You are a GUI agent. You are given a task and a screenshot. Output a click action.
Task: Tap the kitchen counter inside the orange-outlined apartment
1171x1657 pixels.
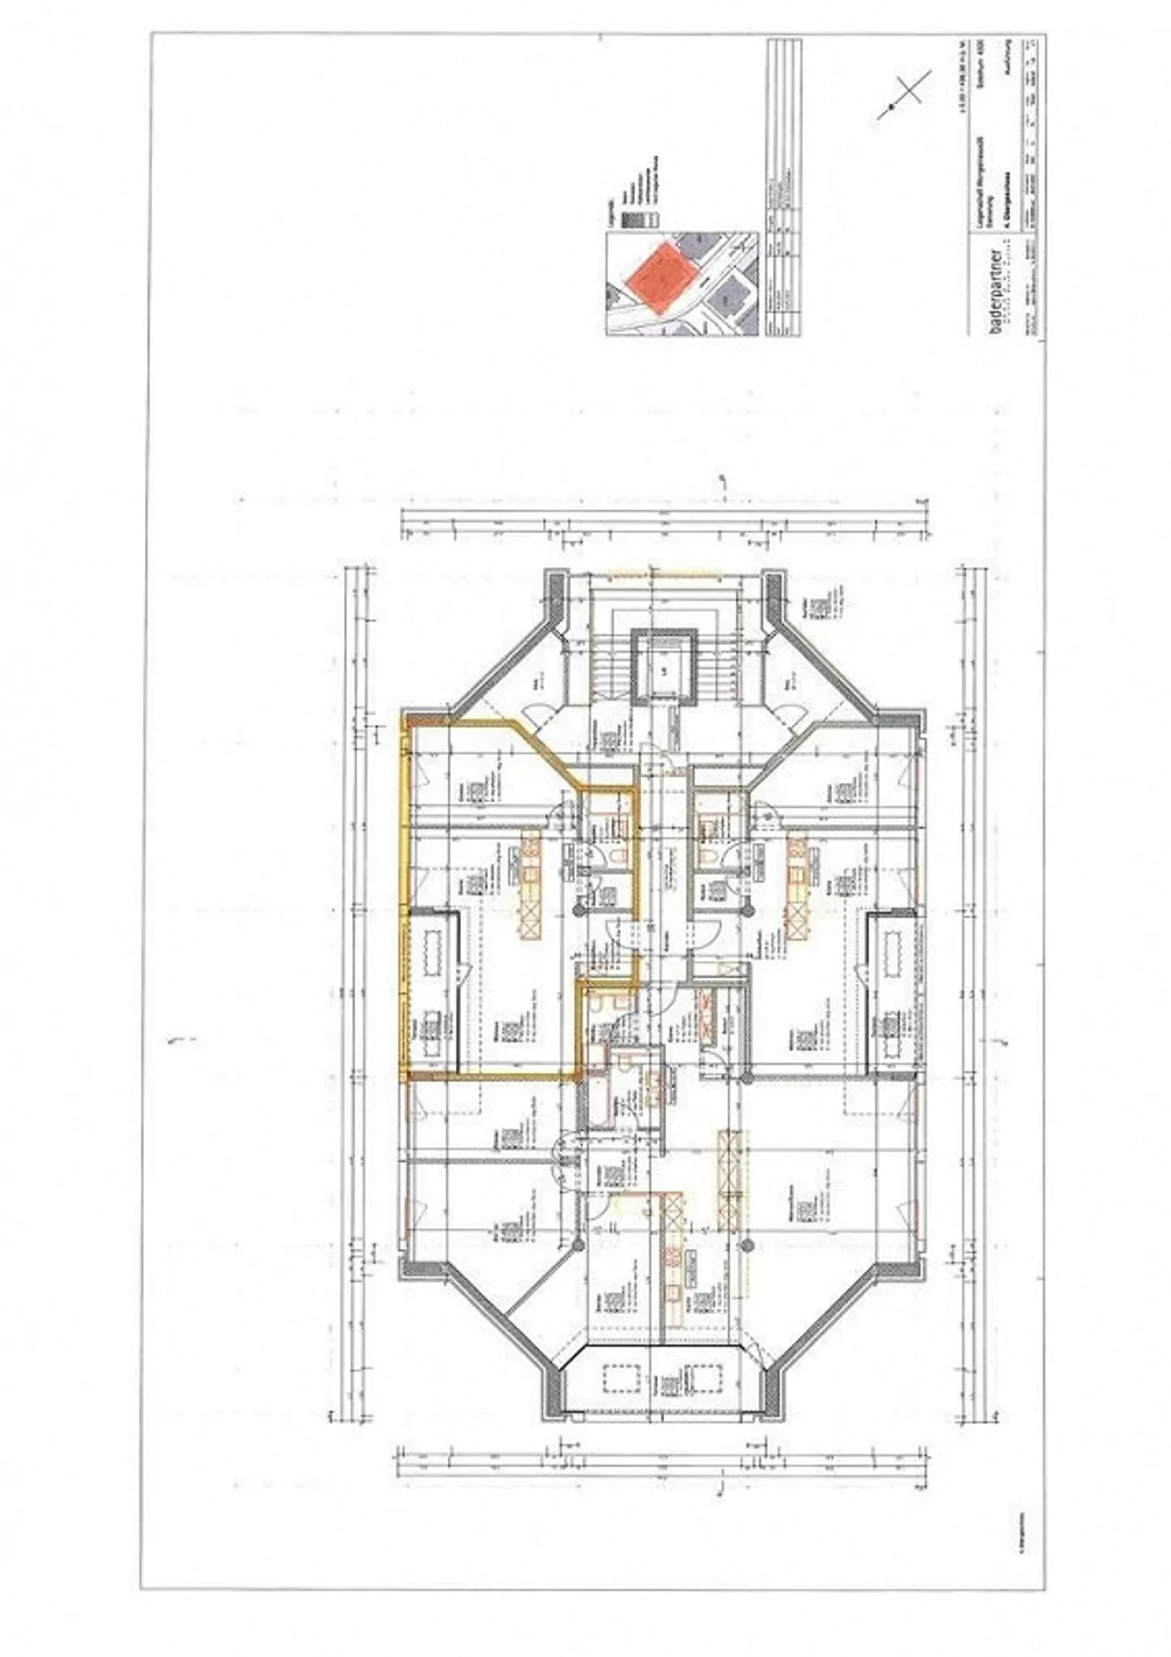[x=531, y=886]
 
